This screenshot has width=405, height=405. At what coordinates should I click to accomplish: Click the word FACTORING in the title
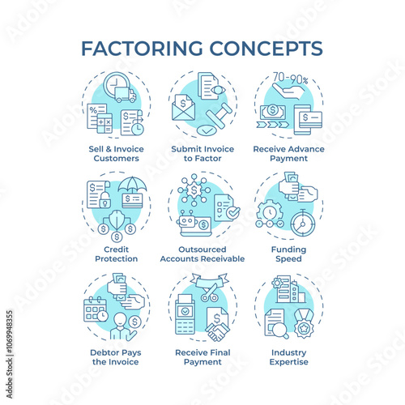tap(142, 49)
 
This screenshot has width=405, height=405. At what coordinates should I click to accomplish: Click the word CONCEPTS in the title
tap(266, 49)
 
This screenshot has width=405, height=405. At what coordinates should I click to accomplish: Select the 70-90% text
tap(290, 78)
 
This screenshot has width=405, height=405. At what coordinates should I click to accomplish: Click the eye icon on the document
tap(218, 90)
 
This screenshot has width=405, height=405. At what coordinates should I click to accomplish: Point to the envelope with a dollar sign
tap(183, 108)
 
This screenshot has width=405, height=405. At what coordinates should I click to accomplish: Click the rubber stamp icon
tap(219, 116)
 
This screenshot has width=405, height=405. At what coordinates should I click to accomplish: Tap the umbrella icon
tap(132, 185)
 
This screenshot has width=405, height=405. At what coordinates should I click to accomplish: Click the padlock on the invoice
tap(105, 200)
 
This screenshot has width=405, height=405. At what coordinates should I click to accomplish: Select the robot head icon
tap(185, 220)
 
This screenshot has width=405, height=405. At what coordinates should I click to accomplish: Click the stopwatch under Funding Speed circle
tap(303, 224)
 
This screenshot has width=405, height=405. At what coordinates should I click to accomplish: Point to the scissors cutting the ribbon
tap(210, 292)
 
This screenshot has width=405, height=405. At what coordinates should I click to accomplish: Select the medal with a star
tap(304, 324)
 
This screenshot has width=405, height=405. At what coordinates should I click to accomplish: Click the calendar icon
tap(94, 310)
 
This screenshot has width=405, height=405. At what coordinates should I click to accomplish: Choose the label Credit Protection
tap(117, 254)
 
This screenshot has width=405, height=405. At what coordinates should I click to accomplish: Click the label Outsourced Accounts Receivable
tap(202, 254)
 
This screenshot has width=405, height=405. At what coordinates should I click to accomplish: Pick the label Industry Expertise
tap(289, 357)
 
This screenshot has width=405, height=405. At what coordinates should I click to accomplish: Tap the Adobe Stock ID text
tap(10, 354)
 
